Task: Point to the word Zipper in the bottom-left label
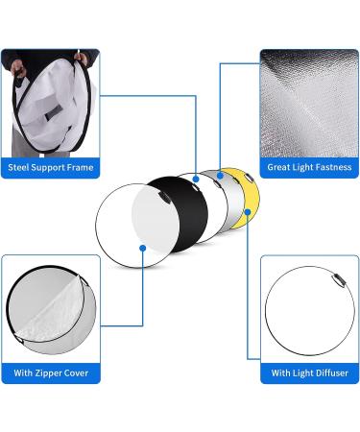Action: pos(48,372)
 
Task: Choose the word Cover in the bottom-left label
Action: pos(78,372)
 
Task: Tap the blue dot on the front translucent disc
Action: pos(142,248)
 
